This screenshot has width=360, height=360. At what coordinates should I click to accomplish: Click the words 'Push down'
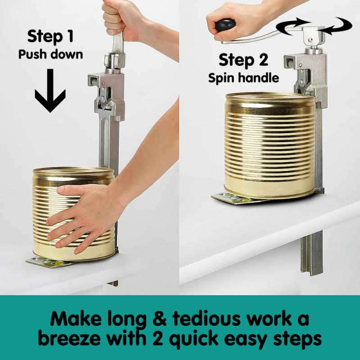[x=50, y=54]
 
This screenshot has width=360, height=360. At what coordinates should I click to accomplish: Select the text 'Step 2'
[x=243, y=60]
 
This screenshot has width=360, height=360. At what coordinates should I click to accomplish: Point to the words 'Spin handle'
[x=243, y=77]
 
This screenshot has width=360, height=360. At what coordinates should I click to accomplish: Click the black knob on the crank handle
[x=225, y=24]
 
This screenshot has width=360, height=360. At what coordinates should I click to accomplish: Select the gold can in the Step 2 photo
[x=269, y=144]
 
